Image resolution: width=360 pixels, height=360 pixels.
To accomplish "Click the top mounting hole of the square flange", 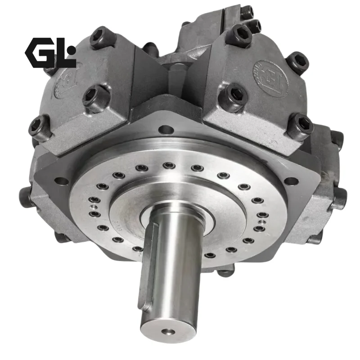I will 166,130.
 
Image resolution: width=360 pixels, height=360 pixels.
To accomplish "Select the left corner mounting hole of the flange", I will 60,181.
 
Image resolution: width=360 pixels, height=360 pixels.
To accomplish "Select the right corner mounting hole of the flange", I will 292,181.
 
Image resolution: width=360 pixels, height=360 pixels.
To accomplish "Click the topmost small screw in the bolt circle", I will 169,166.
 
